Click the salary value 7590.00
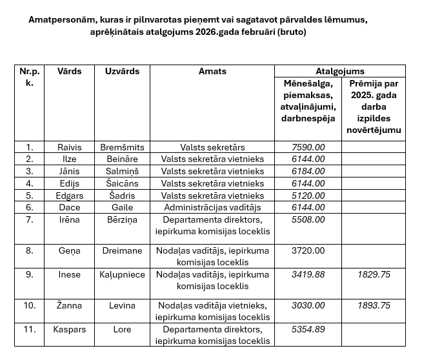(308, 147)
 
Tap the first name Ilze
(69, 159)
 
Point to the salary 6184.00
(308, 171)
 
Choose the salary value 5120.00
(308, 196)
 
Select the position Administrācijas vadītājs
(212, 207)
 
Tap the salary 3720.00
(308, 250)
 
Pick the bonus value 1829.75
(374, 274)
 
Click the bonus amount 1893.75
(374, 305)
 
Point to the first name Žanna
(69, 305)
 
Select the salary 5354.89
(308, 329)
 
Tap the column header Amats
(212, 71)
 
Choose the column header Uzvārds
(122, 71)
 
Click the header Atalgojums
(340, 71)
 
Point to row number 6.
(29, 207)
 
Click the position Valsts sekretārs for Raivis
(212, 147)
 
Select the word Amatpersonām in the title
(59, 19)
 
